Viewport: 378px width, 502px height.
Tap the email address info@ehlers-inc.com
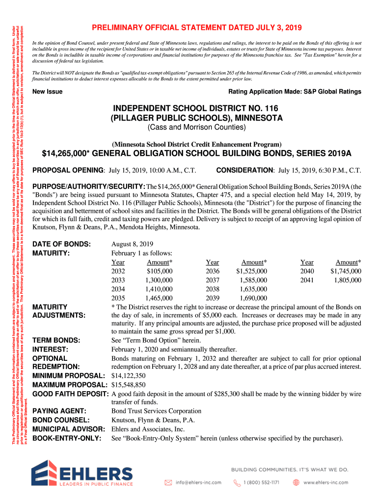click(199, 482)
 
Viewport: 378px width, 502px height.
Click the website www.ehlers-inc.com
click(325, 482)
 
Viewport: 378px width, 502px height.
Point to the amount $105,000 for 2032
click(160, 271)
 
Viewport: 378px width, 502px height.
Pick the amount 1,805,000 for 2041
click(348, 280)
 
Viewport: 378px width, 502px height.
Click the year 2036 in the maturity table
click(213, 271)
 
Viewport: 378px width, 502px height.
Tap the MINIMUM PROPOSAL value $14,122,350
click(129, 376)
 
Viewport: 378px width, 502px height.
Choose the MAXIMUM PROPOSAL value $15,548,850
click(129, 384)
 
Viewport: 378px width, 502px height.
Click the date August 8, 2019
click(132, 244)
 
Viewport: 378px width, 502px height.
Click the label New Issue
click(47, 92)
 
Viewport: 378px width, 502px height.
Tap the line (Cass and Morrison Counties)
click(197, 128)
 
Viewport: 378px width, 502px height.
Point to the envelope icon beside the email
click(168, 482)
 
